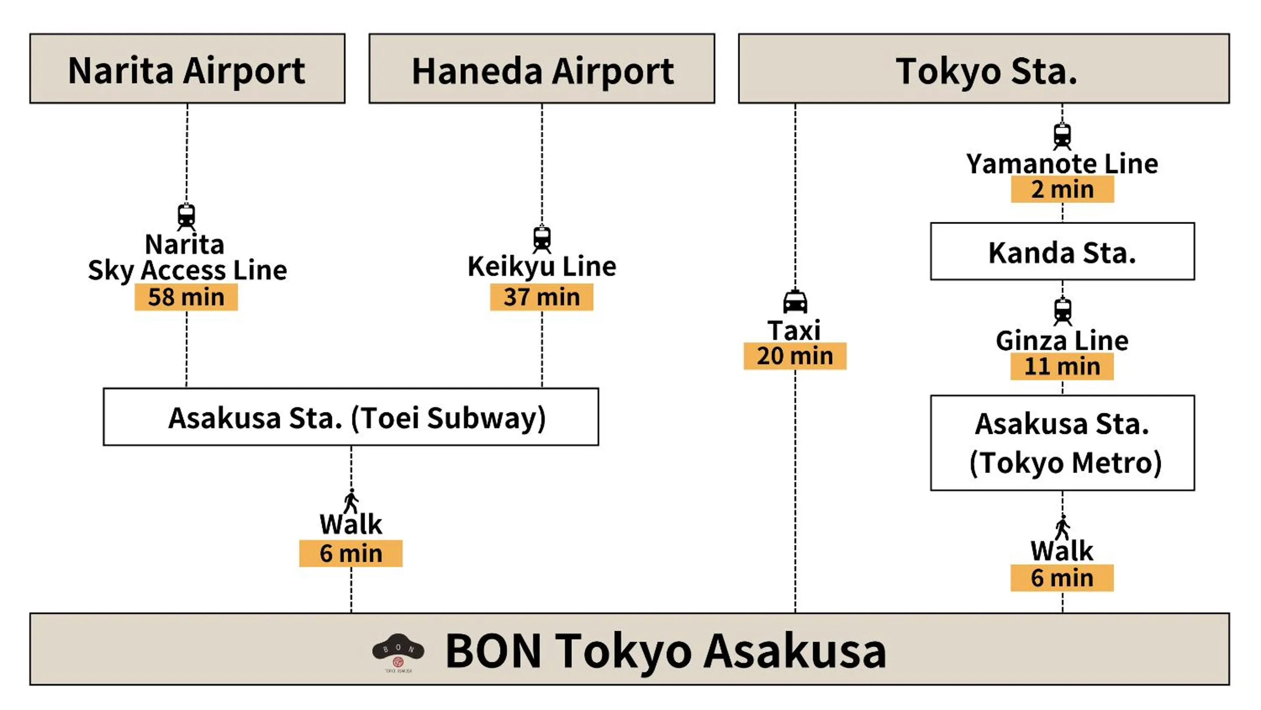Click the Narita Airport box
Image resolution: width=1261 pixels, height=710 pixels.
(187, 68)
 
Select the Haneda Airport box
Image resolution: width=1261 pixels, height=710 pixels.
(541, 68)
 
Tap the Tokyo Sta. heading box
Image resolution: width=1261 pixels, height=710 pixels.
(983, 68)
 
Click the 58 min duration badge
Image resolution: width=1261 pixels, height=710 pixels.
(186, 297)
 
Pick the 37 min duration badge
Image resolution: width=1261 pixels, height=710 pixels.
(541, 297)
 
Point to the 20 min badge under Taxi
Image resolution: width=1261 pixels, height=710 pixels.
(795, 356)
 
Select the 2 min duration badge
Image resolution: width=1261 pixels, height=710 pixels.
(1062, 189)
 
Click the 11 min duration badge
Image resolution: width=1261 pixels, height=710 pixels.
(1062, 367)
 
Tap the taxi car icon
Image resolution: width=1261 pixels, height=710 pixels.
(795, 302)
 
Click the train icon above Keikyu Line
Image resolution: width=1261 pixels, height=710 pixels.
(541, 239)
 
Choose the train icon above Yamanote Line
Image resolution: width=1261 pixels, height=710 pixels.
(1062, 136)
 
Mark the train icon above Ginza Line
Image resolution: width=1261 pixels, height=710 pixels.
(1062, 312)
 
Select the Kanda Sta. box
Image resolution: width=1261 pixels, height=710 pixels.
(1062, 252)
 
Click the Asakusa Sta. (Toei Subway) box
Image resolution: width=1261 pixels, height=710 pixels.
(350, 417)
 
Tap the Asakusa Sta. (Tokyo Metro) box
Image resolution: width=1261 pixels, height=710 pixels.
(1062, 443)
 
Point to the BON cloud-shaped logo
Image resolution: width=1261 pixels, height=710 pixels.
(398, 649)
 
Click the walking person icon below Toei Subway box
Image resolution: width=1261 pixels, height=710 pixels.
(351, 501)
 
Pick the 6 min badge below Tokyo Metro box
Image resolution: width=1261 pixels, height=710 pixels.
(1062, 578)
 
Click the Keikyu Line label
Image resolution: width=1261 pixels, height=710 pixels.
(541, 267)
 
